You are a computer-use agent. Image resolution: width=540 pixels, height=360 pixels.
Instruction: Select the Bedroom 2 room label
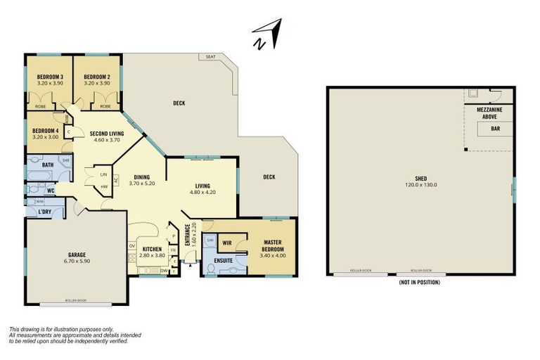97,77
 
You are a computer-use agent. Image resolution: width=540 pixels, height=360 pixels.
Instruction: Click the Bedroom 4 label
46,130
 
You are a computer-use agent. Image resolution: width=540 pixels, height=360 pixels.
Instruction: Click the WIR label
228,243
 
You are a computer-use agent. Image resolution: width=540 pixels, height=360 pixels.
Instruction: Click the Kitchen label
152,249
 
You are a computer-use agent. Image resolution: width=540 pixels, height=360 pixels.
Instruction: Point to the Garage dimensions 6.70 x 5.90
76,261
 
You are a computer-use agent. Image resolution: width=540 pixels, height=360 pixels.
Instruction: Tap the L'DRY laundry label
44,212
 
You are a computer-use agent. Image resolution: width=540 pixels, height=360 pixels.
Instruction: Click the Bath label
48,165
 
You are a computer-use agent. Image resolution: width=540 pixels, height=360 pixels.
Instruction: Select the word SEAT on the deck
210,56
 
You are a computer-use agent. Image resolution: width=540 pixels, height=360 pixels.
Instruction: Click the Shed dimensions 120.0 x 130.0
420,185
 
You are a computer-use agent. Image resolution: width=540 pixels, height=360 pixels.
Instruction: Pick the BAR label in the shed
495,129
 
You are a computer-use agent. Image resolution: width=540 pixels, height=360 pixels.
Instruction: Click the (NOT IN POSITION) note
419,282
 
